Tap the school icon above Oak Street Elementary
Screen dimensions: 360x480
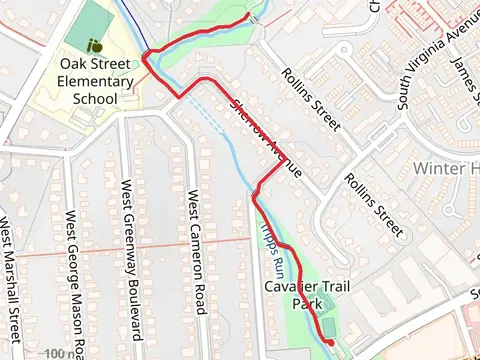95,45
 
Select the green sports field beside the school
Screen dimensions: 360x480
93,20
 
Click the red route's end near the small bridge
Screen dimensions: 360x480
247,17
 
